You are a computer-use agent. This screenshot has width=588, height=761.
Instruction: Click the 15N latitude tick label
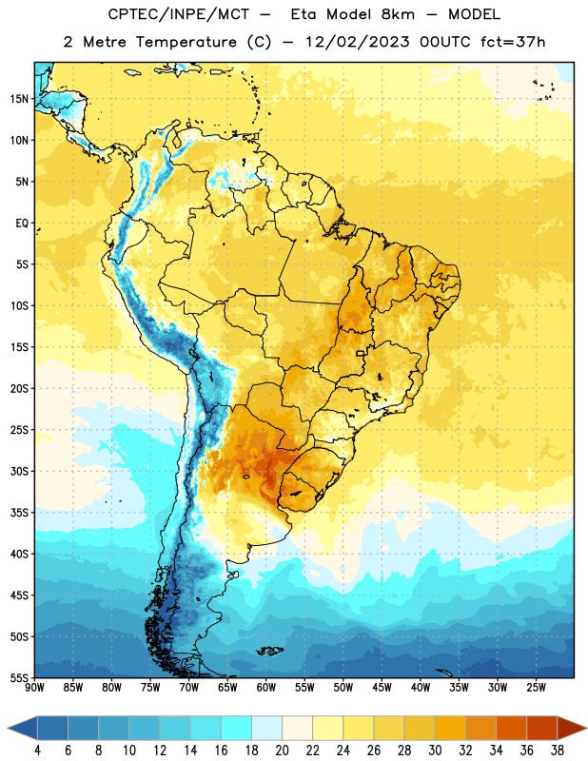coord(19,99)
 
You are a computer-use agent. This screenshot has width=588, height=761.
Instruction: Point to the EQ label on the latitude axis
coord(22,224)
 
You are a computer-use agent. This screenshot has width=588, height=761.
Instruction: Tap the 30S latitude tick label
coord(19,471)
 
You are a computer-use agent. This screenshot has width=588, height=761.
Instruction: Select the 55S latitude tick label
coord(19,678)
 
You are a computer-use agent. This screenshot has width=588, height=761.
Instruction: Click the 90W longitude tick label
coord(34,688)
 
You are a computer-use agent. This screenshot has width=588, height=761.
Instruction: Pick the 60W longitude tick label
coord(266,688)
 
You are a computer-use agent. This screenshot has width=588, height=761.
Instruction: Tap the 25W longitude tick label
coord(536,688)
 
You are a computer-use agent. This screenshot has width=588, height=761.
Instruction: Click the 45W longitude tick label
coord(382,688)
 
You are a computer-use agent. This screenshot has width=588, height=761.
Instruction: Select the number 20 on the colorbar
coord(282,751)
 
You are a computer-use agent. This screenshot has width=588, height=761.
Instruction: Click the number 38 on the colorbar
coord(558,751)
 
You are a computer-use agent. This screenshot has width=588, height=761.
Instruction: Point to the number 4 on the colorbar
coord(37,751)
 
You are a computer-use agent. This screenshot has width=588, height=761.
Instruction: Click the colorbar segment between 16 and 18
coord(237,728)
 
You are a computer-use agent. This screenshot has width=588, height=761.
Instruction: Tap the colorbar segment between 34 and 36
coord(512,728)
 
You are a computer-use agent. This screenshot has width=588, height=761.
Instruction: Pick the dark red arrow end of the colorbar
coord(572,728)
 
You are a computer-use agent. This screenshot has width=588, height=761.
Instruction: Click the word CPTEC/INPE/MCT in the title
coord(179,14)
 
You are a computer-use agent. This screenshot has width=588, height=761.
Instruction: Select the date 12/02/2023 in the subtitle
coord(358,42)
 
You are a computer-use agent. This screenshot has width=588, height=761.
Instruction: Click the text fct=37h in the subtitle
coord(513,42)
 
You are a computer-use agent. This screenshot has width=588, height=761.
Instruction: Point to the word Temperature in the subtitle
coord(186,43)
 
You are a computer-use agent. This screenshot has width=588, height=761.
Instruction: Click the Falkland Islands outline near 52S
coord(269,651)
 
